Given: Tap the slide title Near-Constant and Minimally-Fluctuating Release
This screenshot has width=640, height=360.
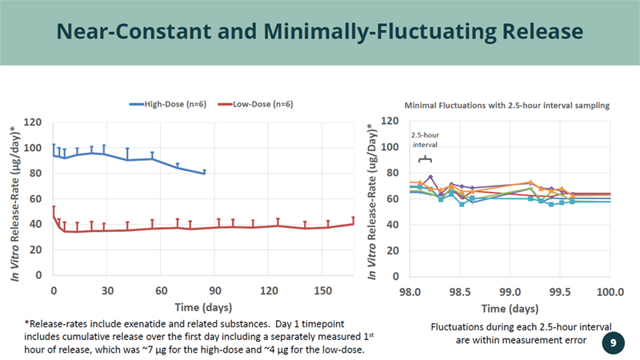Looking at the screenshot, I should coord(320,32).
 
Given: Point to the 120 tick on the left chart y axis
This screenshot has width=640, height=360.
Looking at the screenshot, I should coord(33,122).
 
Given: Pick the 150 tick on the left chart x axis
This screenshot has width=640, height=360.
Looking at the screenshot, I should coord(323,289).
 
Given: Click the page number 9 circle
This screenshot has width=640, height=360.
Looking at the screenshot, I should coord(612,342).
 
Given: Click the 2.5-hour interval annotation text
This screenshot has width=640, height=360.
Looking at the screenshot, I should coord(425,139).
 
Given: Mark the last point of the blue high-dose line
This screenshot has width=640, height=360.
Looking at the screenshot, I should coord(205,173).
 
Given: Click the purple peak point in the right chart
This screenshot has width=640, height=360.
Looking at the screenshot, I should coord(430,177).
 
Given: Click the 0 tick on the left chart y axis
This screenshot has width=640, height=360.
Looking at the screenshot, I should coord(38,275).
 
